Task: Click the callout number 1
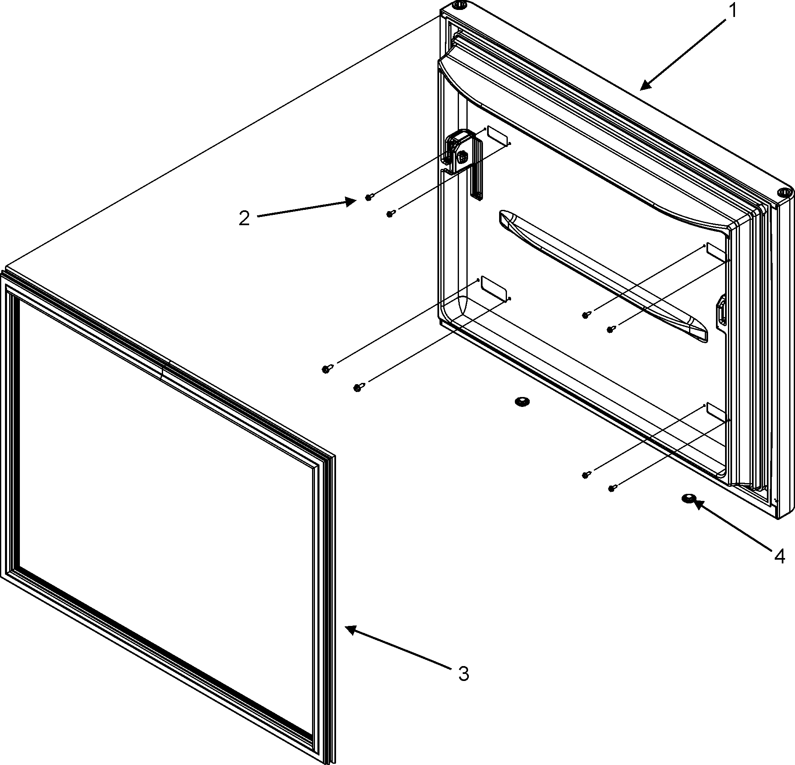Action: tap(733, 11)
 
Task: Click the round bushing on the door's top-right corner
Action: tap(783, 192)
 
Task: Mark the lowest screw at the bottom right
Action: tap(612, 489)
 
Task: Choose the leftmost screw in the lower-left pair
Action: tap(326, 369)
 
